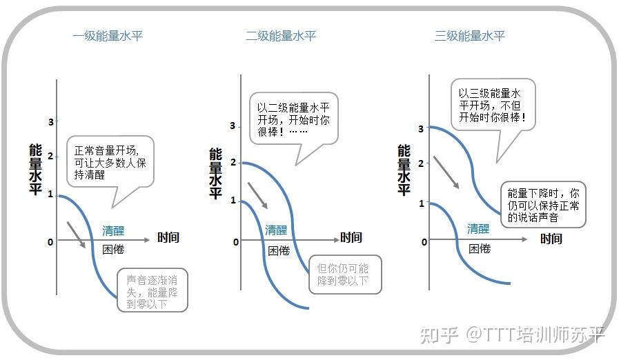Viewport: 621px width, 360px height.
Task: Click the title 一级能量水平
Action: [108, 36]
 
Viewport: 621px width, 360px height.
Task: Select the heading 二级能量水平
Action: [281, 36]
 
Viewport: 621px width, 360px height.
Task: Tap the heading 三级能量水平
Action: [470, 36]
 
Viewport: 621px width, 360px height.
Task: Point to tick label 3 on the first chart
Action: [50, 122]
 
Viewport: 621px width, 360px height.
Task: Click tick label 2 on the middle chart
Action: [233, 162]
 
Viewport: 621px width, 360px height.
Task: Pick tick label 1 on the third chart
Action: [422, 203]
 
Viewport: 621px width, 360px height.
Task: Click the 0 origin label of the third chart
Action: [424, 242]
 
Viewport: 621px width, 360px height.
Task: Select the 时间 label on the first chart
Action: [168, 238]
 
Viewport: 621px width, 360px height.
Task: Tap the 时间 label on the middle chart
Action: [351, 238]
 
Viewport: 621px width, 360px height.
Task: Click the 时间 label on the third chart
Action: [551, 239]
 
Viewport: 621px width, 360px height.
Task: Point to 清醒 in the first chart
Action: [113, 230]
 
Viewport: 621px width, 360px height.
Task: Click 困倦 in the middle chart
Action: [279, 250]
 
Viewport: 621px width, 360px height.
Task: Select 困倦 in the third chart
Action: [479, 248]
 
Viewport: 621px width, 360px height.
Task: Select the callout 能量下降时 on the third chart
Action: [542, 205]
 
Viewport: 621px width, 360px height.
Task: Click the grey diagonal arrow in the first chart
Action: [76, 234]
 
